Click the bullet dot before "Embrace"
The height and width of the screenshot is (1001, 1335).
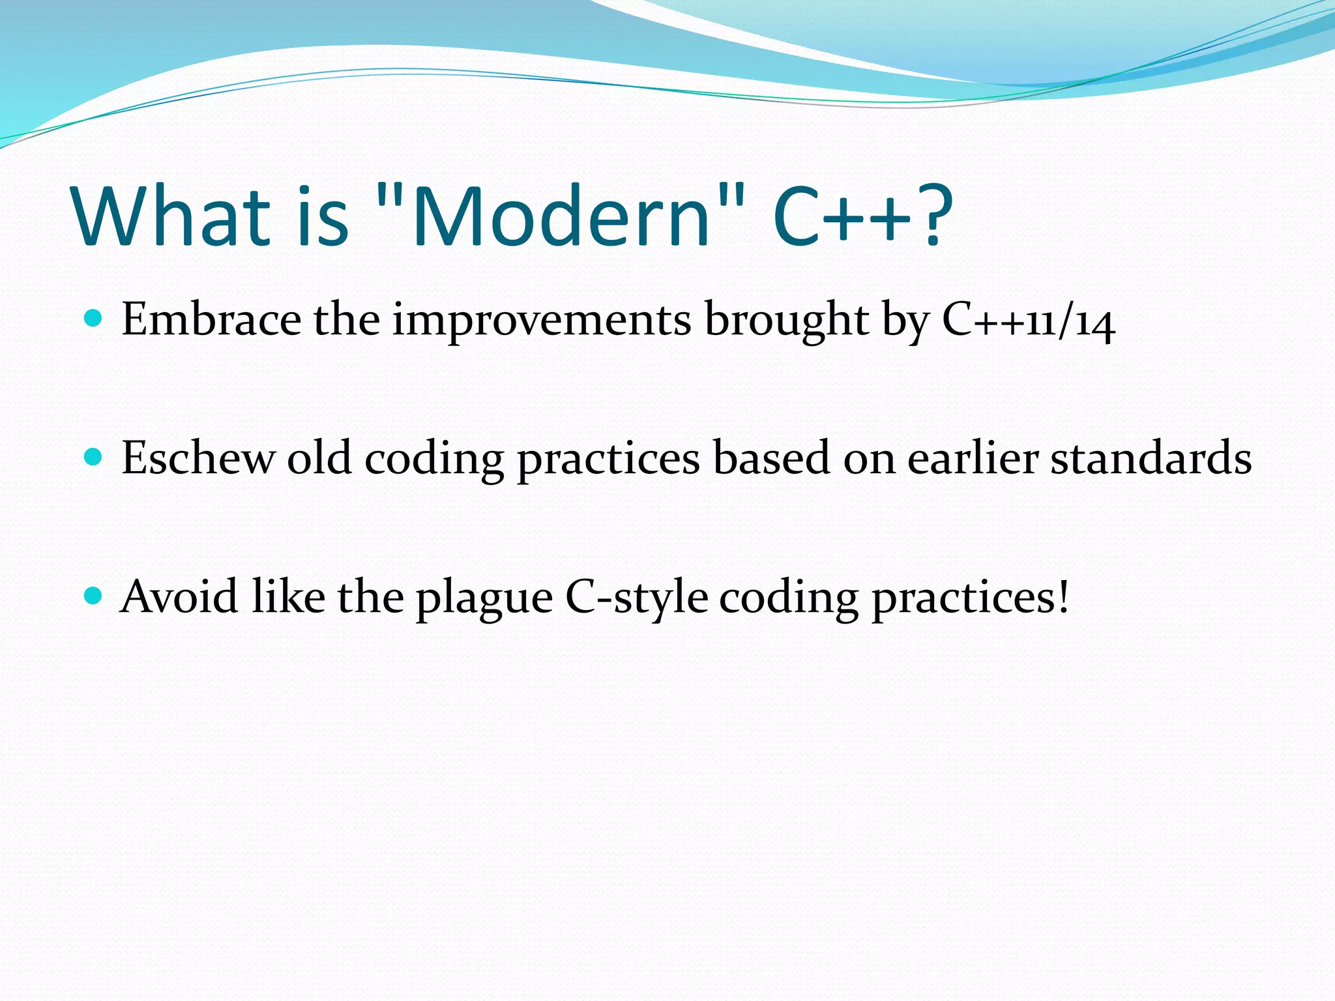point(94,319)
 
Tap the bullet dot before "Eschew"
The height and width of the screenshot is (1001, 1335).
point(94,457)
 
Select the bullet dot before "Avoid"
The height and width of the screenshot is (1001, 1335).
point(94,596)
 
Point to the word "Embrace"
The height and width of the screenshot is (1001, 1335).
point(211,320)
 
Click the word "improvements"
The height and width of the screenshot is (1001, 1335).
point(541,320)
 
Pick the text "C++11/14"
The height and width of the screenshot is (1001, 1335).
point(1028,321)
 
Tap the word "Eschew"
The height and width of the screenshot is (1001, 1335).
point(198,458)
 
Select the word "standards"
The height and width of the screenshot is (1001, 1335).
point(1151,458)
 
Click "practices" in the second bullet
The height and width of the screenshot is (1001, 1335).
point(608,459)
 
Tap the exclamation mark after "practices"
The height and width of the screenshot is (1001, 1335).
point(1063,597)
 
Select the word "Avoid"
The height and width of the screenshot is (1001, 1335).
point(179,596)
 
